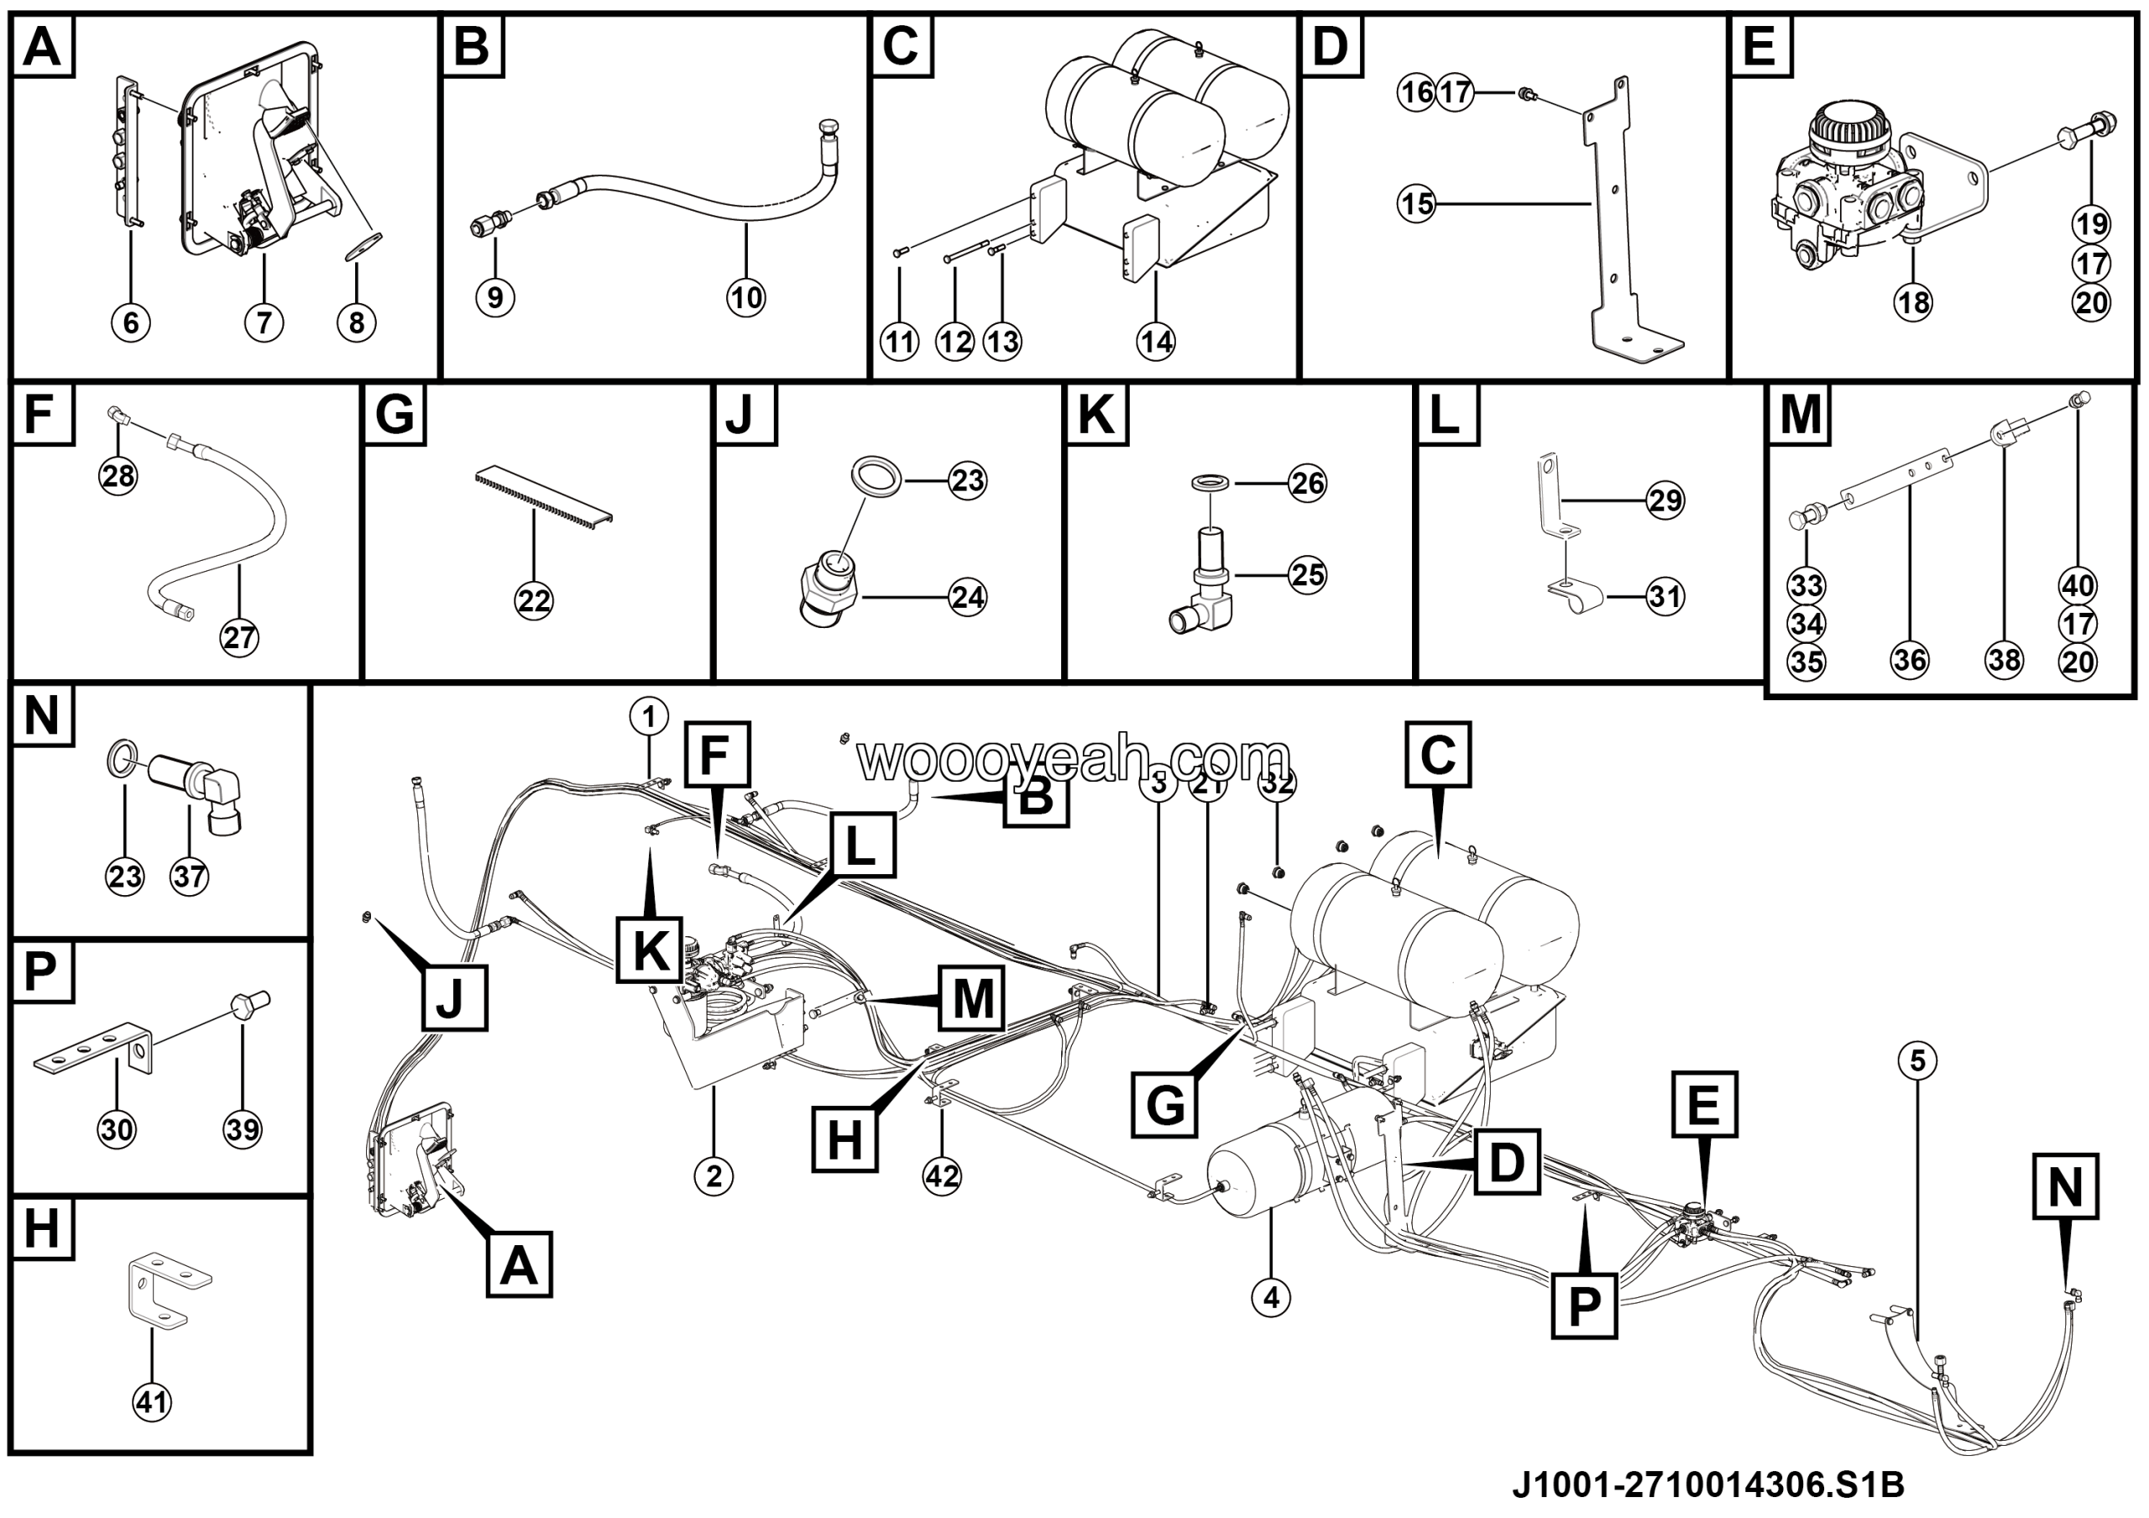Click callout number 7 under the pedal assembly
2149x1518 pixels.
[264, 323]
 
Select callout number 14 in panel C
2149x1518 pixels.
[1156, 342]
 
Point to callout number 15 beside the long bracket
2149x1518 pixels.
[1416, 203]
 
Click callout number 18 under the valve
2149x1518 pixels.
[1913, 302]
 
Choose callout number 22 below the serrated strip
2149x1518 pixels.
[534, 600]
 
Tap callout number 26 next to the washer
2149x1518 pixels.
[1308, 483]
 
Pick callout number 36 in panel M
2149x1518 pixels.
[1910, 660]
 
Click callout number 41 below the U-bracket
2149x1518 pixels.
[152, 1402]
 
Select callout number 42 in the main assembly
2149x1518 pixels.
[942, 1175]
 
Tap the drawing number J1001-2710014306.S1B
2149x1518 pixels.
[1707, 1484]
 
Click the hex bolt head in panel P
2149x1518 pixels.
[246, 1008]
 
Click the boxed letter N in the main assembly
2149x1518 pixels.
[2065, 1186]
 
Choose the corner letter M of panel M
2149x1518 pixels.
[1800, 415]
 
